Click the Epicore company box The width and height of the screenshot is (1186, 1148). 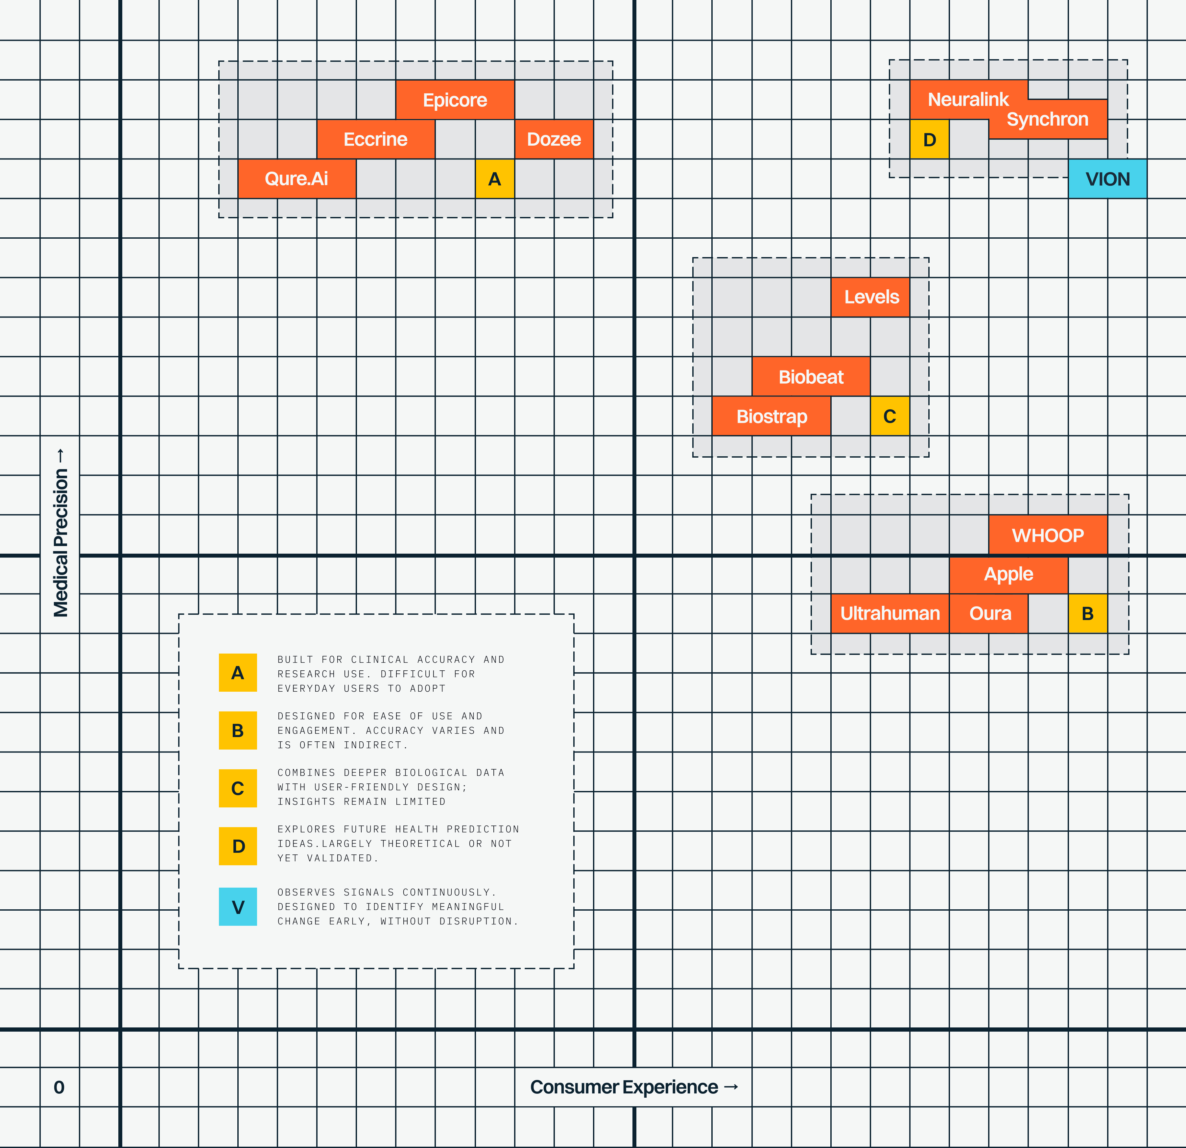(455, 100)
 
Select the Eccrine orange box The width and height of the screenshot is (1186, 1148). (376, 139)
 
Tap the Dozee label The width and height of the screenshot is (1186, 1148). (554, 139)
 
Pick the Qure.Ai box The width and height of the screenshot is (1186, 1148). (296, 179)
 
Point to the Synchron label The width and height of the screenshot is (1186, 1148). (1047, 119)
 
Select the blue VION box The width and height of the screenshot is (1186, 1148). (1107, 179)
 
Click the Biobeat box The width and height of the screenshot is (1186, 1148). (811, 376)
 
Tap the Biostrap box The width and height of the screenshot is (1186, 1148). (771, 416)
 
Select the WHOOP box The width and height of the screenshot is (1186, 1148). (1048, 535)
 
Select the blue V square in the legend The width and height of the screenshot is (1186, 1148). (238, 907)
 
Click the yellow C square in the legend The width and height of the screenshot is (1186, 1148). (238, 788)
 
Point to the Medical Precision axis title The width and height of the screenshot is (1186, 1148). (60, 533)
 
